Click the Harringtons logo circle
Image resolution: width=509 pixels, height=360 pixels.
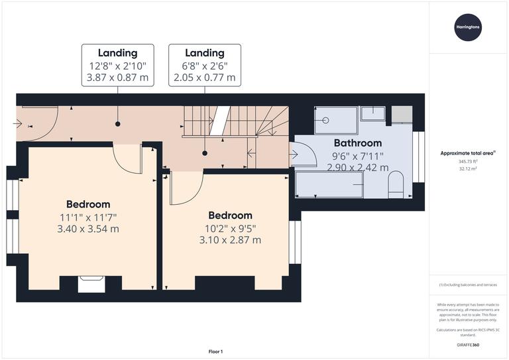tap(469, 27)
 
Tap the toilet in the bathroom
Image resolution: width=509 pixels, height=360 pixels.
tap(396, 184)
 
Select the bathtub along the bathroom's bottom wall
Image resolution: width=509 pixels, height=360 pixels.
tap(329, 184)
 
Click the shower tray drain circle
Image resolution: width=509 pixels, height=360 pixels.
tap(326, 121)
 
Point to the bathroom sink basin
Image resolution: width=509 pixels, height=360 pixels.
tap(375, 115)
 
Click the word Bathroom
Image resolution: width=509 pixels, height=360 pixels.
tap(357, 143)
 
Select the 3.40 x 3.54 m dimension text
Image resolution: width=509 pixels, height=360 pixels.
tap(88, 229)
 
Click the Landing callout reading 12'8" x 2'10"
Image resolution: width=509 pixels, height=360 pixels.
tap(118, 66)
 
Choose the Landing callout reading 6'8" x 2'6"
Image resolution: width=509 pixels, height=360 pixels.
tap(204, 66)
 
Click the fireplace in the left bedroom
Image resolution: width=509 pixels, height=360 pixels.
tap(88, 284)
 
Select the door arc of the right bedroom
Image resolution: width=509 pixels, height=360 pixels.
tap(186, 189)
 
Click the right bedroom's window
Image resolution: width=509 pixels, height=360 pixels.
tap(295, 242)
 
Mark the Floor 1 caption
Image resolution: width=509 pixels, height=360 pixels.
tap(215, 351)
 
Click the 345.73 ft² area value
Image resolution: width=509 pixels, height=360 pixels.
tap(468, 161)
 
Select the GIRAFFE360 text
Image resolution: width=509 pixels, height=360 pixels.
tap(468, 347)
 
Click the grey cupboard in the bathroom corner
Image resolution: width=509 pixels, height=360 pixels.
tap(402, 114)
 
